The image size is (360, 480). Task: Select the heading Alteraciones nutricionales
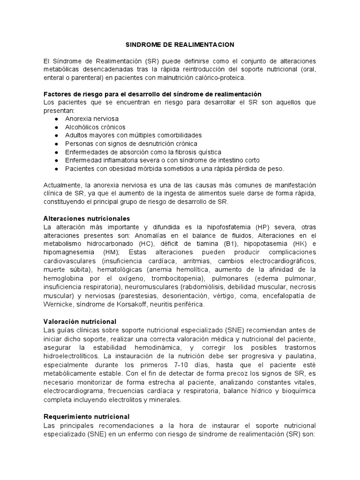click(x=86, y=218)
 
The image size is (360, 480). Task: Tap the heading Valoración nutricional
click(x=80, y=322)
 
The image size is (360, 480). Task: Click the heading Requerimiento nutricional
click(x=86, y=416)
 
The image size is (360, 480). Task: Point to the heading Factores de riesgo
click(x=152, y=94)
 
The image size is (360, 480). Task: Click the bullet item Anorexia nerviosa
click(x=92, y=119)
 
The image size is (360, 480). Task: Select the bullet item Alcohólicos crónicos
click(x=95, y=127)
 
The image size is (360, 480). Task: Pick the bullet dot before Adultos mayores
click(x=57, y=135)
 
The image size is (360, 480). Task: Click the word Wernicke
click(x=58, y=304)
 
